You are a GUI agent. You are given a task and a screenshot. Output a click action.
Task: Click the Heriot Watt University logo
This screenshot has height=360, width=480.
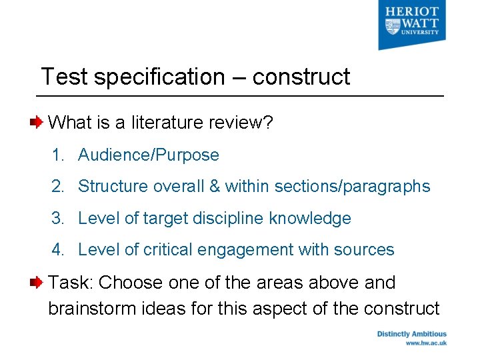pyautogui.click(x=411, y=25)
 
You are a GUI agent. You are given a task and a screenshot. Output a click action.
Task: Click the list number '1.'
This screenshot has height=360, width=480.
pyautogui.click(x=59, y=155)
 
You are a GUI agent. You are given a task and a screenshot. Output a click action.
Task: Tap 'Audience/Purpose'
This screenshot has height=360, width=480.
pyautogui.click(x=148, y=155)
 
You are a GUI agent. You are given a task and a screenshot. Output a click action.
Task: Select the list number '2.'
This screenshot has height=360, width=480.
pyautogui.click(x=59, y=187)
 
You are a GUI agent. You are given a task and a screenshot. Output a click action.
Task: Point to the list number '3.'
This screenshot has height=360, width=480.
pyautogui.click(x=59, y=219)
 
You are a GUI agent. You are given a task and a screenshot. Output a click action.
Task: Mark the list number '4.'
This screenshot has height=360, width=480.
pyautogui.click(x=59, y=250)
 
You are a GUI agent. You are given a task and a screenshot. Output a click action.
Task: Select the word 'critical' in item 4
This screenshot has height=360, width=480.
pyautogui.click(x=163, y=250)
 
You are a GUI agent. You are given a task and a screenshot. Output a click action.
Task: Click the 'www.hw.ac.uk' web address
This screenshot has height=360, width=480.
pyautogui.click(x=426, y=343)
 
